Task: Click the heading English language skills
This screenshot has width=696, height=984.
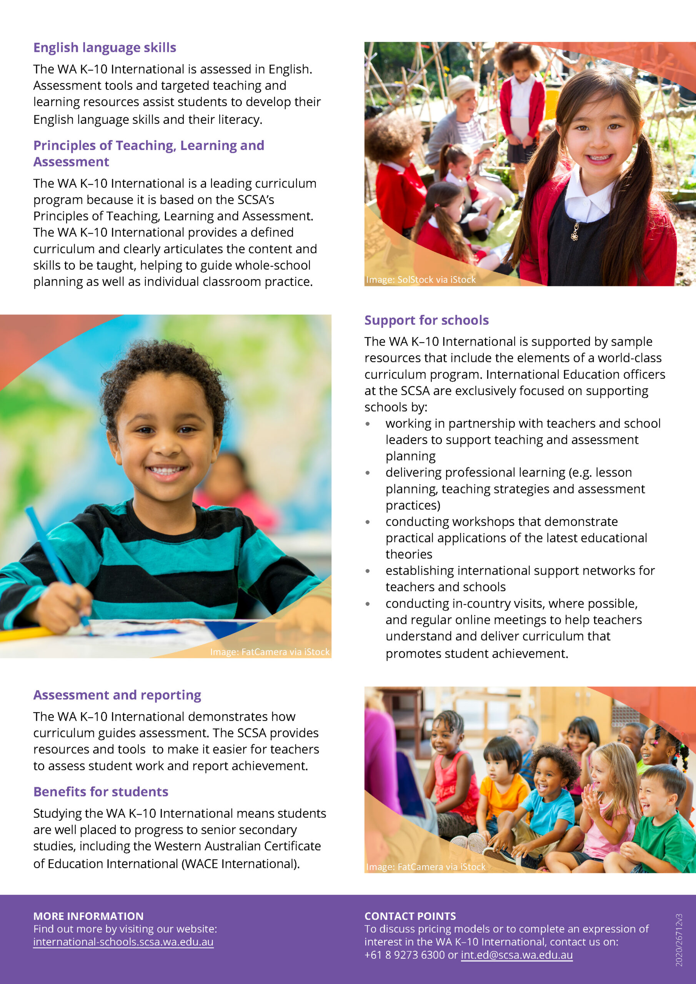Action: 105,48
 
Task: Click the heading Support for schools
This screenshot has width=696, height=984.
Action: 426,320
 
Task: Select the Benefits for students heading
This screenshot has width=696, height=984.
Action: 101,791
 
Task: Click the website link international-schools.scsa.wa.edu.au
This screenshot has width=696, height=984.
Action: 123,942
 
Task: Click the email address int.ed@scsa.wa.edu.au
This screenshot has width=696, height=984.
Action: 516,955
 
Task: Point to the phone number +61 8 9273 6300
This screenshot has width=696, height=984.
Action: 405,955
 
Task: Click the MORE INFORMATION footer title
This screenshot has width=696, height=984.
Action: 88,916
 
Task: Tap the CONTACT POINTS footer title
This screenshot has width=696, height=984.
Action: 410,916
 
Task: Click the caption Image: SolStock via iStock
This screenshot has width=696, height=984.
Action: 421,279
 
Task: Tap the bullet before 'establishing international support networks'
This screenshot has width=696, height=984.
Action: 368,571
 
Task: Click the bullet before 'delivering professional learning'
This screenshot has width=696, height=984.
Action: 368,473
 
